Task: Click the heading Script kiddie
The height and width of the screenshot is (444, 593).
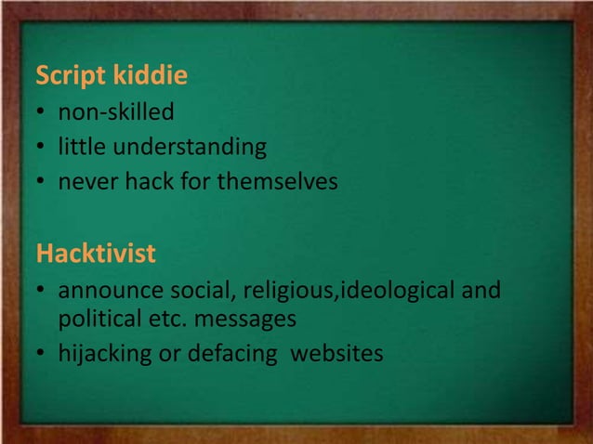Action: click(111, 76)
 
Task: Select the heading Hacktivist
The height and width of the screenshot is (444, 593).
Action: click(95, 252)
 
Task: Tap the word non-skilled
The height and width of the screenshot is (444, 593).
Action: click(116, 113)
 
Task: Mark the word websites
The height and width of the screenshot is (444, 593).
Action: click(336, 353)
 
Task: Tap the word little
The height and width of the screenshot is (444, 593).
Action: click(78, 148)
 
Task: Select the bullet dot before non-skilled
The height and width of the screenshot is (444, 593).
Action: click(42, 114)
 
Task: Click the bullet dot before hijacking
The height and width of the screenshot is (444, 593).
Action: click(42, 354)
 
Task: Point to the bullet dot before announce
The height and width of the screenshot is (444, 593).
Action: click(42, 292)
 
